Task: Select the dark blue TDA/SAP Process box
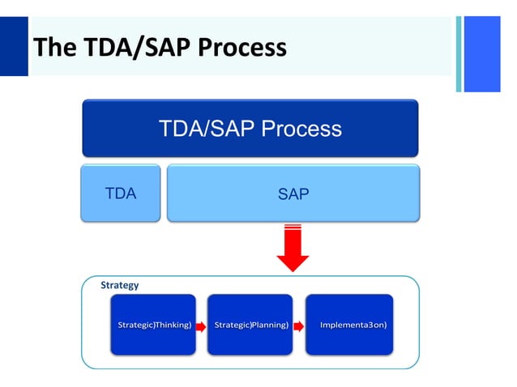pos(250,128)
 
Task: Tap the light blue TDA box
pos(121,193)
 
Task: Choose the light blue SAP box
pos(293,193)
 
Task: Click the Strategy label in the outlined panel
pos(119,285)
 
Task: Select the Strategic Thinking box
pos(153,325)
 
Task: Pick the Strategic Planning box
pos(250,325)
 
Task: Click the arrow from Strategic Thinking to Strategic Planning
pos(202,325)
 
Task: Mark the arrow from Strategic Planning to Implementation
pos(299,325)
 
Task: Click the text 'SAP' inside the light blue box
pos(293,193)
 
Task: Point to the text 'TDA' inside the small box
pos(121,193)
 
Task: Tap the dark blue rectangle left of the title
pos(13,46)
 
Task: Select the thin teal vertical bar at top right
pos(458,53)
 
